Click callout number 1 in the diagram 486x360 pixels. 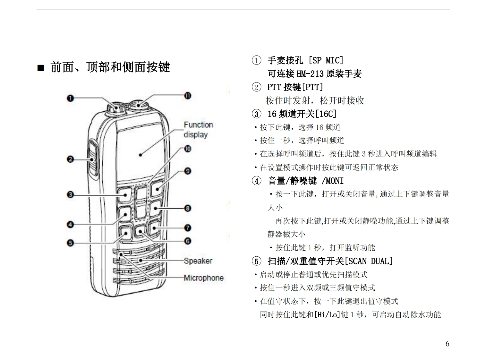pos(70,98)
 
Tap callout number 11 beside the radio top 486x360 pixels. pos(188,96)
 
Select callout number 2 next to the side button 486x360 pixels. pos(70,159)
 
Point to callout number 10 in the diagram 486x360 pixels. pos(188,149)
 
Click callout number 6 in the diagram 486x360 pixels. pos(188,241)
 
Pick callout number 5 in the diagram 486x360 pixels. pos(70,243)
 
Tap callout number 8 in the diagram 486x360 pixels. pos(188,208)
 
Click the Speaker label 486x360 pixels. pos(198,261)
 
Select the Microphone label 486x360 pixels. pos(204,278)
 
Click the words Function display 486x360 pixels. pos(198,130)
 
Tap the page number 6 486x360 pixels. pos(447,344)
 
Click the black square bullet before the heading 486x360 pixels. pos(41,68)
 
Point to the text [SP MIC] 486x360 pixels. pos(326,60)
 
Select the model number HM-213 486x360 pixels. pos(310,74)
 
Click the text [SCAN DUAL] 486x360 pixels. pos(369,261)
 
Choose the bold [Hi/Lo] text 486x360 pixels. pos(327,315)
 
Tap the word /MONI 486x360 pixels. pos(332,181)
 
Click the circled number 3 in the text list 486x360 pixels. pos(256,114)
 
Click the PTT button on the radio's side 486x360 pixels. pos(93,159)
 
